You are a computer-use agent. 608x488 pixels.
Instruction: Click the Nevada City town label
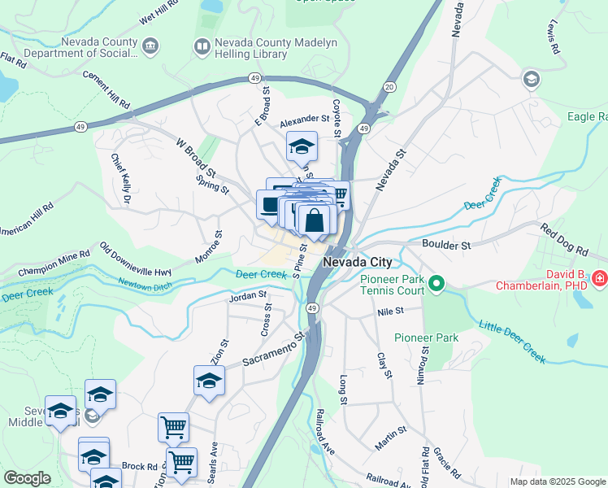[x=358, y=263]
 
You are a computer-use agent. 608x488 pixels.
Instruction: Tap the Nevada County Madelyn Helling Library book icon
[x=202, y=47]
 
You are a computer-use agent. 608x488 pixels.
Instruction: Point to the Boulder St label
[x=446, y=244]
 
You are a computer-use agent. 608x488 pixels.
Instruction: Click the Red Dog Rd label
[x=562, y=234]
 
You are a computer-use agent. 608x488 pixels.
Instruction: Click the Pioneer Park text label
[x=426, y=338]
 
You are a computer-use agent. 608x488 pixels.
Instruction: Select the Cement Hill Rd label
[x=106, y=89]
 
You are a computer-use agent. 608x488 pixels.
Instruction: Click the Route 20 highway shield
[x=389, y=87]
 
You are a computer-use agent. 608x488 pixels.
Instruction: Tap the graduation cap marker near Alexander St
[x=302, y=147]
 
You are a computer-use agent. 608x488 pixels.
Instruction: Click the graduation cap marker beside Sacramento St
[x=209, y=381]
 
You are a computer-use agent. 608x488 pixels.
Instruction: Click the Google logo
[x=28, y=478]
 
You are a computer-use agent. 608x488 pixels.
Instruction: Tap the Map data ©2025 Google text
[x=557, y=481]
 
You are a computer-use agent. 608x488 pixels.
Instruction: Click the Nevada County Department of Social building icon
[x=150, y=47]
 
